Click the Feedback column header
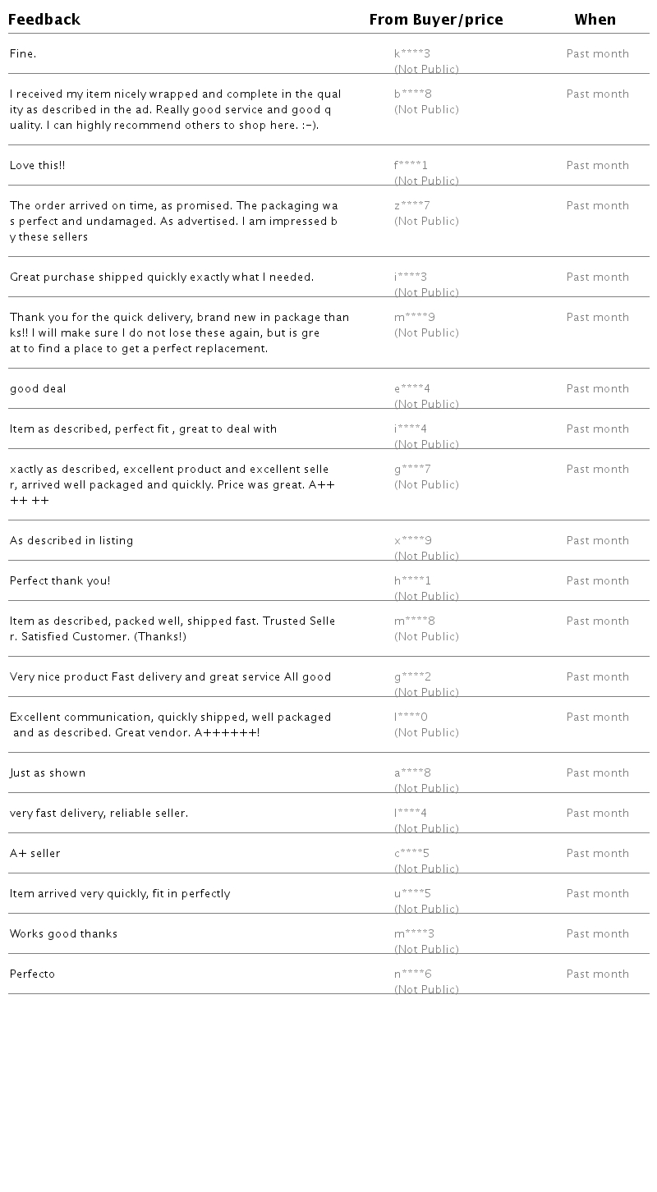coord(44,20)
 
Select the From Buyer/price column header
coord(436,20)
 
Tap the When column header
coord(595,20)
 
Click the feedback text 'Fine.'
coord(23,54)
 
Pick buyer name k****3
coord(412,54)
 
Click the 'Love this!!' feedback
coord(38,166)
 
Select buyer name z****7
coord(412,206)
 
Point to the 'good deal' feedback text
coord(38,389)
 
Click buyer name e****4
coord(412,389)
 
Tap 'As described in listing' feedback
coord(71,541)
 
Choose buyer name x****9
coord(413,541)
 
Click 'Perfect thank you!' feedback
coord(60,581)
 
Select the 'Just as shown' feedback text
coord(48,773)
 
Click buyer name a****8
coord(413,773)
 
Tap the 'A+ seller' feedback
coord(35,854)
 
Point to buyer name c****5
coord(412,854)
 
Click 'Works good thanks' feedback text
coord(64,934)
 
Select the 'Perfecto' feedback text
coord(33,974)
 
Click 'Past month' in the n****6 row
coord(598,974)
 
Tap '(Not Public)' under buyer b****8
coord(426,110)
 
